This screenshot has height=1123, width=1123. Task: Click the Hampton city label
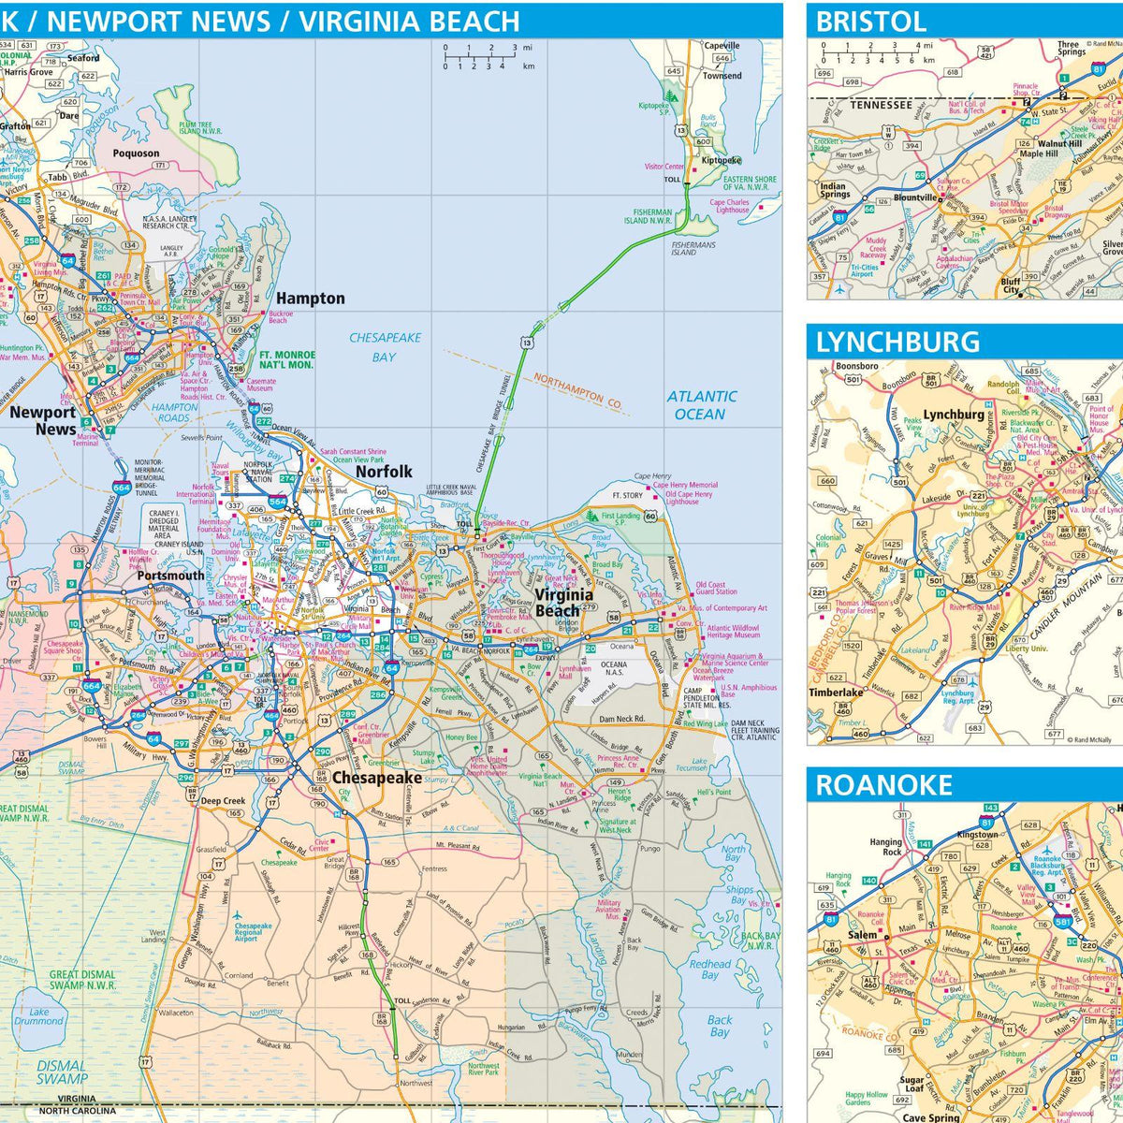click(x=310, y=299)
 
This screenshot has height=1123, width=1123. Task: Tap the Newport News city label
click(x=43, y=420)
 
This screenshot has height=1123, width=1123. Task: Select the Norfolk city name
click(x=384, y=472)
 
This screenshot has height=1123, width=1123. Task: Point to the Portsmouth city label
click(x=170, y=576)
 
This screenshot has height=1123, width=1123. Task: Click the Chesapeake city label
click(x=377, y=778)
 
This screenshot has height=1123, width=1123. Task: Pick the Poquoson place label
click(x=137, y=153)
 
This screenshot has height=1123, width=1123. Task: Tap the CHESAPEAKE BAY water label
click(x=385, y=346)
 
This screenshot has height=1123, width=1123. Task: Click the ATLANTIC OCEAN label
click(x=701, y=405)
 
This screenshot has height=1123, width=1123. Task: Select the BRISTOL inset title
click(x=870, y=22)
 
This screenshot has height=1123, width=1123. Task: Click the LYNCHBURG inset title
click(x=897, y=343)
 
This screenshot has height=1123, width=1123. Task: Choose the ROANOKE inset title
click(x=883, y=785)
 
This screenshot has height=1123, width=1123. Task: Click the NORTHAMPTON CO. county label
click(x=577, y=391)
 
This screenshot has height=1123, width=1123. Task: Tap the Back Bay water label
click(x=719, y=1026)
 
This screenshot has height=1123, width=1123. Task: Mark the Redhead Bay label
click(x=710, y=969)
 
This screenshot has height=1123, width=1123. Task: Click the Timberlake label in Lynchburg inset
click(x=836, y=693)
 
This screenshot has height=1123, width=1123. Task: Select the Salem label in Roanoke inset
click(x=862, y=934)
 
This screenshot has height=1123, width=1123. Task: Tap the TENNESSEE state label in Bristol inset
click(x=881, y=105)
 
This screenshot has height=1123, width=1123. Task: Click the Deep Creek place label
click(x=223, y=801)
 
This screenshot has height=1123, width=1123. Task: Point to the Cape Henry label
click(x=652, y=476)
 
